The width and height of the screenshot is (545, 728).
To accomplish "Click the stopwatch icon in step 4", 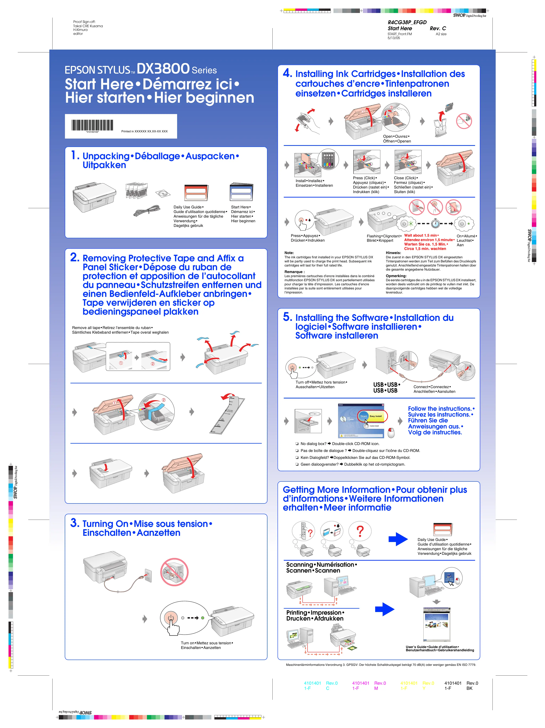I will pyautogui.click(x=435, y=223).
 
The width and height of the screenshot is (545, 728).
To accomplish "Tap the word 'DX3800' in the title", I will pyautogui.click(x=163, y=69).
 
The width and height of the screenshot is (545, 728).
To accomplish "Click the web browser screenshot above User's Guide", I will pyautogui.click(x=437, y=625).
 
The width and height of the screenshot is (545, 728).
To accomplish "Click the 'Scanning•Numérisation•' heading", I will pyautogui.click(x=321, y=565).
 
